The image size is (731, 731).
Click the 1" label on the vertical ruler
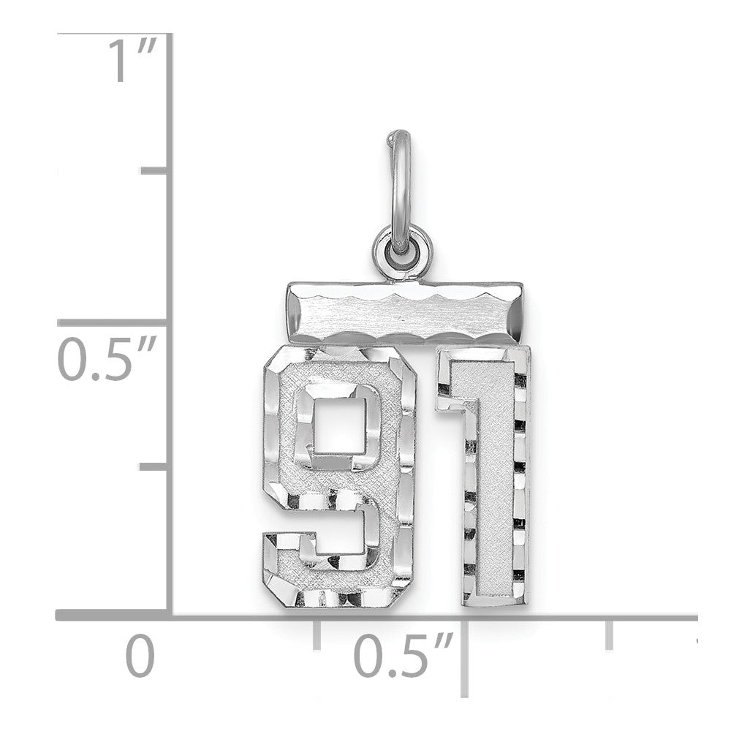[132, 61]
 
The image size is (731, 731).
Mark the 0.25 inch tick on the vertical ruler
[154, 467]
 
